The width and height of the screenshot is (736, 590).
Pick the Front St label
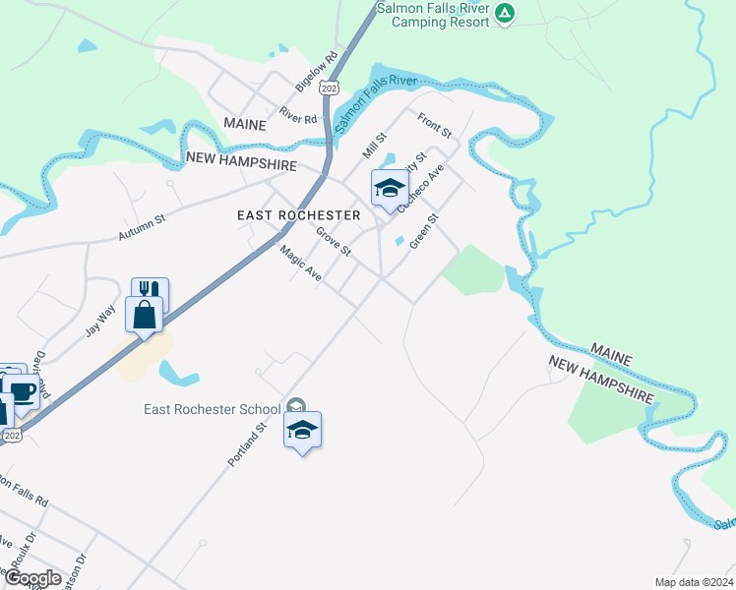tap(434, 126)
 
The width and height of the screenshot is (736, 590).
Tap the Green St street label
tap(424, 231)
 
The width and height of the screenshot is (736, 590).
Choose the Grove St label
tap(334, 242)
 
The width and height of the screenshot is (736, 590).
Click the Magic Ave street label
tap(301, 265)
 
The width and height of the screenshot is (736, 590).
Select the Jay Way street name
tap(99, 320)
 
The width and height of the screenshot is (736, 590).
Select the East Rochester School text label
tap(212, 409)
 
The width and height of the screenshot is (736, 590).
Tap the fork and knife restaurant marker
tap(150, 292)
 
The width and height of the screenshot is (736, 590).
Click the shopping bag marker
tap(145, 316)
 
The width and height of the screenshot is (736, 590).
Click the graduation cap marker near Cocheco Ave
tap(389, 188)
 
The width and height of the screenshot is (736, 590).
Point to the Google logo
tap(31, 578)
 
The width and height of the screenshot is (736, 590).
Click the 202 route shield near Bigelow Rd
tap(330, 88)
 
